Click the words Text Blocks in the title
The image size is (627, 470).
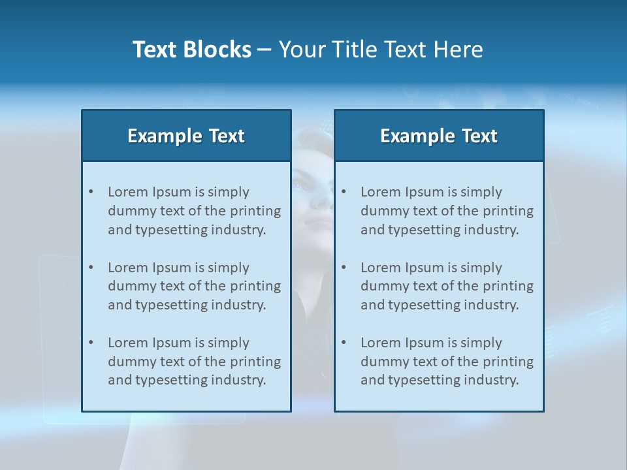(191, 50)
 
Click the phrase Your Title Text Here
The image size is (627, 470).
(381, 50)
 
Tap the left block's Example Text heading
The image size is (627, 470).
(186, 136)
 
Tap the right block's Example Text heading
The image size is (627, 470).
(439, 136)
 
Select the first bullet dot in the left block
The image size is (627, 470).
(91, 192)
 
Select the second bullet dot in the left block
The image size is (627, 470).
(91, 268)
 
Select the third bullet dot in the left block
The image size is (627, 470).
(91, 343)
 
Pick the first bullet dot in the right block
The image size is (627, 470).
(344, 192)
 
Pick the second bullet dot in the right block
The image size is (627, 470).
(344, 268)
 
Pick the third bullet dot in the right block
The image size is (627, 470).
(344, 343)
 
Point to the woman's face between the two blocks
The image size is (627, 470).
(313, 196)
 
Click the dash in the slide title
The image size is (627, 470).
(265, 50)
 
